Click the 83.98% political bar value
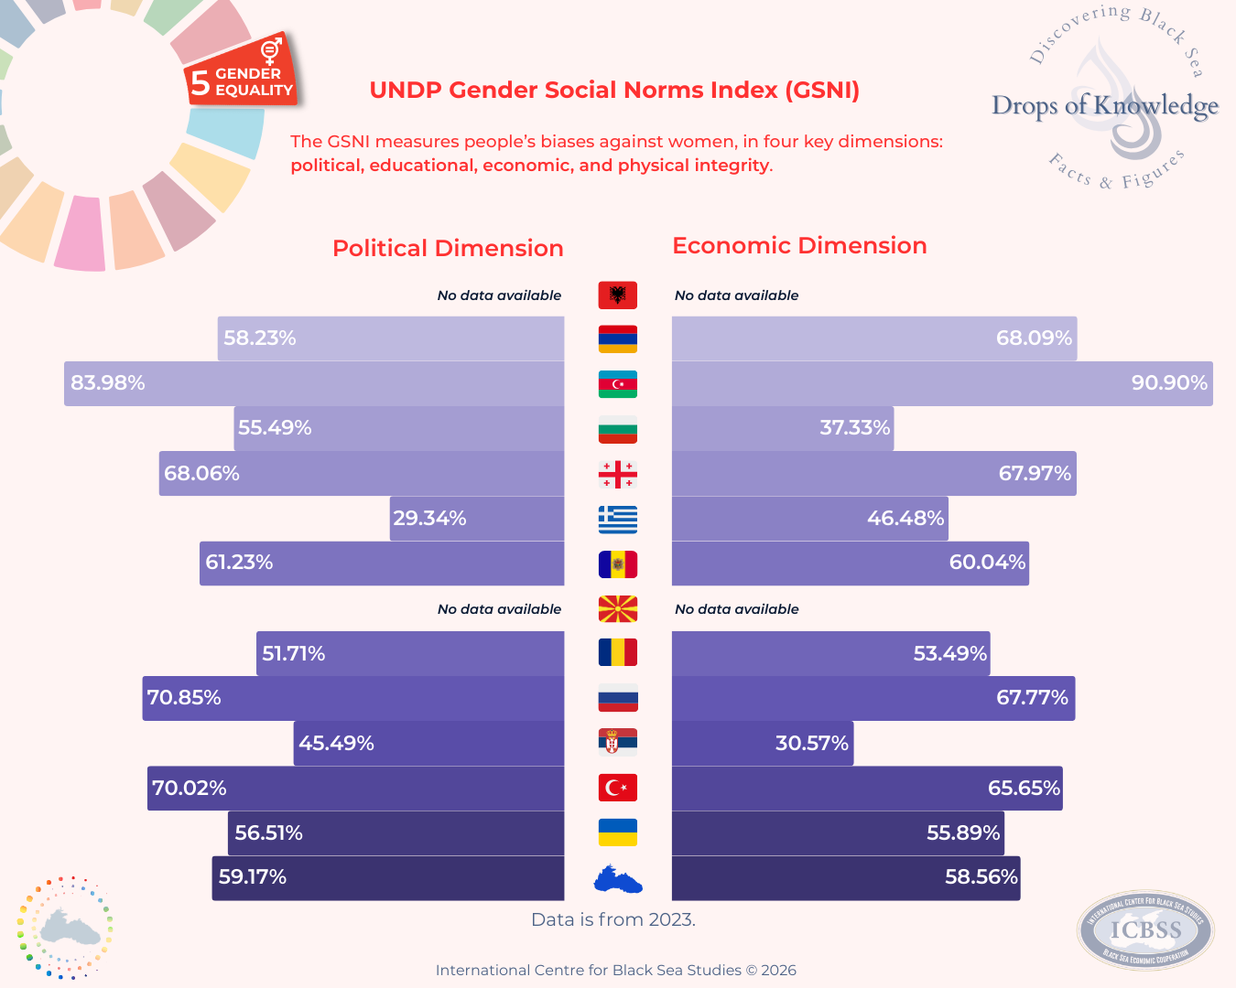(108, 383)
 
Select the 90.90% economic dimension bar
(942, 383)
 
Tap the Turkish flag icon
(618, 788)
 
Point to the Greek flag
(618, 519)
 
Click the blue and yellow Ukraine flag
(618, 832)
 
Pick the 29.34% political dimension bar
(476, 519)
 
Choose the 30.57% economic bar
(762, 743)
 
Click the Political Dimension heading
(448, 248)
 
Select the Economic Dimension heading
(799, 246)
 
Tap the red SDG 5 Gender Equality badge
(243, 73)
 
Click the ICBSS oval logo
(1145, 930)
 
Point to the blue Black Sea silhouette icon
(618, 880)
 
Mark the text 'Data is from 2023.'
(613, 919)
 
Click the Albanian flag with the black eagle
(618, 295)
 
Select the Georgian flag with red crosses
(618, 474)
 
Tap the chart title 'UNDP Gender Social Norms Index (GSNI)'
(614, 91)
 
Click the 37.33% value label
(854, 428)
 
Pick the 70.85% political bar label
(184, 698)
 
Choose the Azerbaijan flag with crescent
(618, 384)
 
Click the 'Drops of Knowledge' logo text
(1105, 106)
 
